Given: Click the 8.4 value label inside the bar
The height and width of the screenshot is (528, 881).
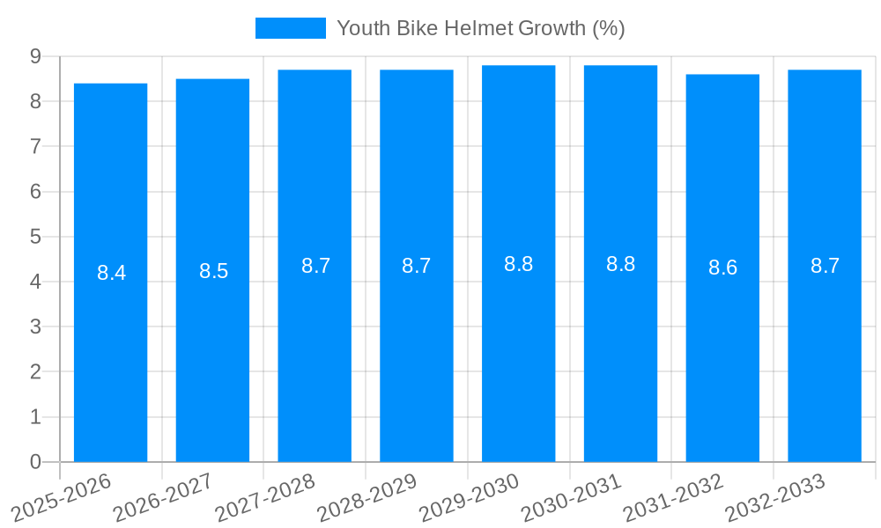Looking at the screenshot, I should pos(111,273).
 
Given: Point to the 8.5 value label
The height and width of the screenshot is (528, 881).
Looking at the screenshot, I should pos(213,271).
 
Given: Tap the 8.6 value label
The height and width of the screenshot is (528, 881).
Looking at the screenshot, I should pos(722,268).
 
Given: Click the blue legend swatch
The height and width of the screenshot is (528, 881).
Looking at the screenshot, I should pos(290,28).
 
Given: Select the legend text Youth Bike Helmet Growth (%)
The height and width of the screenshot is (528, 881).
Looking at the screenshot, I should pos(480,28).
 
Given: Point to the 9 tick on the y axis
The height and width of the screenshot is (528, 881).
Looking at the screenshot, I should pos(35,56).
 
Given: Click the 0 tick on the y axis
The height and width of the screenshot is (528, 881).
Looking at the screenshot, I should pos(35,462).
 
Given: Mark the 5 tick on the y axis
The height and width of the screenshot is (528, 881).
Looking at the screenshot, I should pos(35,237).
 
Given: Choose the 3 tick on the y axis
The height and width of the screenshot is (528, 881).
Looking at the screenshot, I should pos(35,326).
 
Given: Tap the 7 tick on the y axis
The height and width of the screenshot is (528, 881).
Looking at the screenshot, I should pos(35,146).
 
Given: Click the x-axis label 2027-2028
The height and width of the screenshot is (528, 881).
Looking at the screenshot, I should pos(265,497).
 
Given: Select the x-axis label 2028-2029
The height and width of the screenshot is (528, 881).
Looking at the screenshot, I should pos(367,497).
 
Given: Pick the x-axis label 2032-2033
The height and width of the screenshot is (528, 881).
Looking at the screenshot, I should pos(775,497).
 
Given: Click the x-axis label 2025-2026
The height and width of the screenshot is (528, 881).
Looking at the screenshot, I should pos(62,497).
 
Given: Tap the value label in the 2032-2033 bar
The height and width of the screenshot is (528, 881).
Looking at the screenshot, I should pos(825,266).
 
